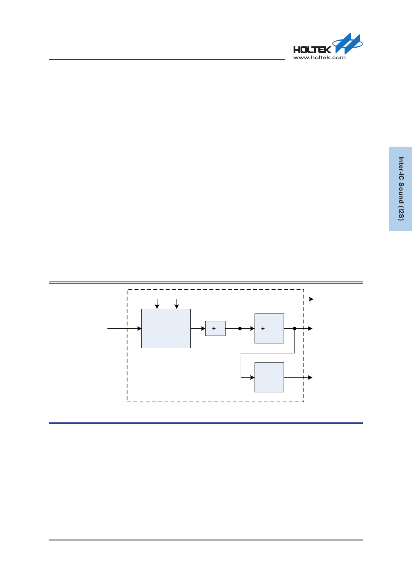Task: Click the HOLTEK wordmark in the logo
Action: [x=312, y=49]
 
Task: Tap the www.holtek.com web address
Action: [x=319, y=58]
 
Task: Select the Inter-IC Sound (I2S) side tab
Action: [x=400, y=188]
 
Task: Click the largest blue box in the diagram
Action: [x=166, y=328]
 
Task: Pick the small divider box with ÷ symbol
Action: [x=215, y=329]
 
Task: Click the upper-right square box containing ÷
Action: [x=269, y=329]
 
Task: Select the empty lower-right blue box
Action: [x=269, y=377]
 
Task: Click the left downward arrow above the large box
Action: [x=157, y=306]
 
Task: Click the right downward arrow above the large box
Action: [x=177, y=306]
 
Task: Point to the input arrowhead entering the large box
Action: [x=139, y=329]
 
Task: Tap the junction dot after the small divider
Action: [x=240, y=329]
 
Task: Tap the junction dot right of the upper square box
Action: [x=294, y=329]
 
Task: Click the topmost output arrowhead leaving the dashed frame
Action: [x=311, y=299]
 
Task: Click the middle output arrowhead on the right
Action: [x=311, y=329]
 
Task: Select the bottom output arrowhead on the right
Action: [x=311, y=378]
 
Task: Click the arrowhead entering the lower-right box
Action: [x=252, y=378]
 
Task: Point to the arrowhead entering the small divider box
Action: [x=203, y=329]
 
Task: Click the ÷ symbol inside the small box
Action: [x=214, y=329]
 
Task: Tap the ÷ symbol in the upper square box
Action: [x=263, y=329]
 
